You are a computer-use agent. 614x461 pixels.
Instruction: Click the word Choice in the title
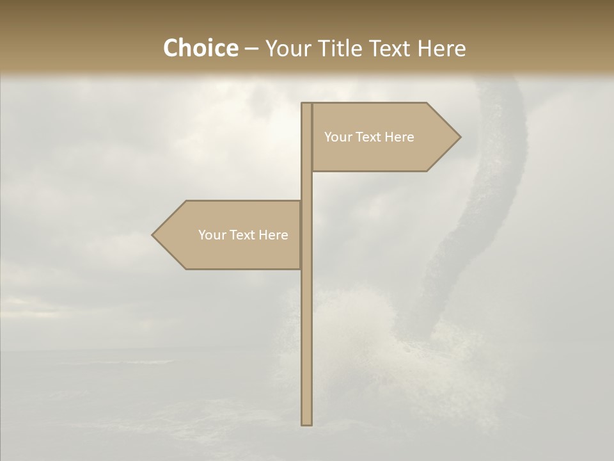pyautogui.click(x=200, y=49)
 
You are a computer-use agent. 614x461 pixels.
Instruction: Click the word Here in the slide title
pyautogui.click(x=441, y=49)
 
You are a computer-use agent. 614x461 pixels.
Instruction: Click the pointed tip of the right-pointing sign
pyautogui.click(x=459, y=137)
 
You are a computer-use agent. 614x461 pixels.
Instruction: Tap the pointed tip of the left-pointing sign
pyautogui.click(x=153, y=235)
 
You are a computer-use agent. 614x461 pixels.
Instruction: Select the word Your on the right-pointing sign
pyautogui.click(x=337, y=137)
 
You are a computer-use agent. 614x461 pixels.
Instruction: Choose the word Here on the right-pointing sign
pyautogui.click(x=400, y=137)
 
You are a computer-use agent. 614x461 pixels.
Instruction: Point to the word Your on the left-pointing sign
pyautogui.click(x=211, y=235)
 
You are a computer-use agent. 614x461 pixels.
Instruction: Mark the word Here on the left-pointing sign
pyautogui.click(x=274, y=235)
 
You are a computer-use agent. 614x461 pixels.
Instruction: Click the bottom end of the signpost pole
pyautogui.click(x=306, y=423)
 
